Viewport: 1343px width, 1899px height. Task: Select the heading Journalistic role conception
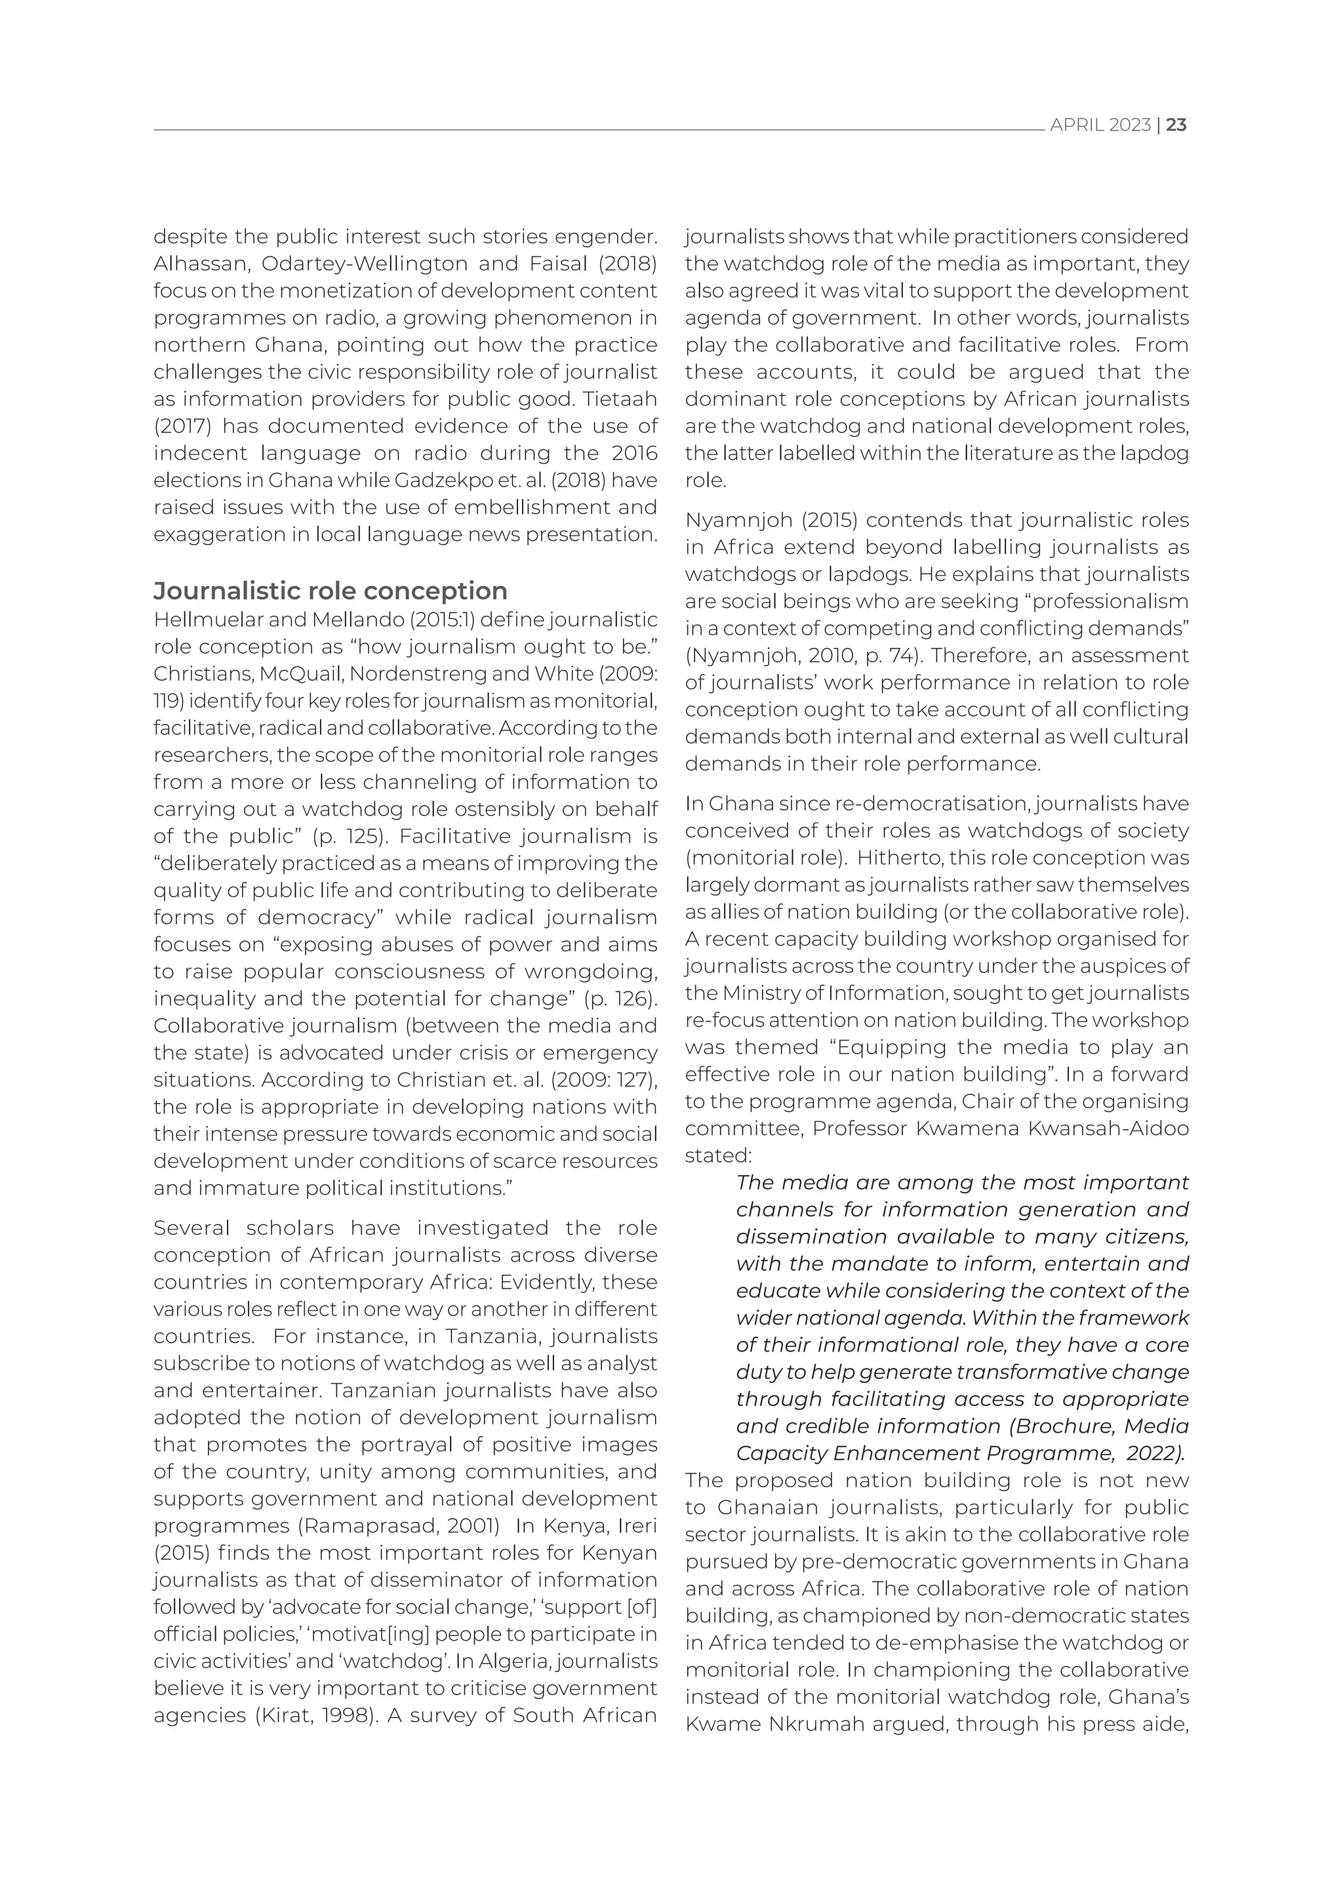[330, 591]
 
